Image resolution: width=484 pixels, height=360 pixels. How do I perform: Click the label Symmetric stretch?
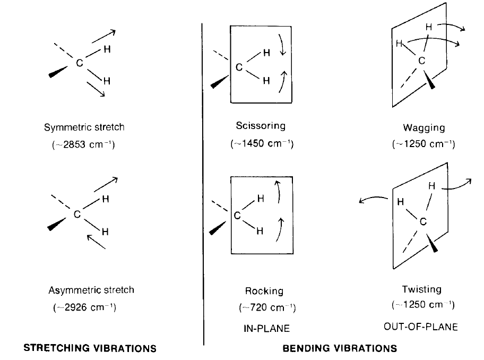point(85,128)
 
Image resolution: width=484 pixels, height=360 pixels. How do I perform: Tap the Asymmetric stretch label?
point(91,290)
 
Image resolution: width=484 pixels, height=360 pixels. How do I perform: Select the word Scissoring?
point(261,126)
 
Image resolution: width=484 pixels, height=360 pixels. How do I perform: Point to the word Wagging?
point(423,128)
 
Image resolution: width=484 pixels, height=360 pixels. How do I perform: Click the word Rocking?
point(264,291)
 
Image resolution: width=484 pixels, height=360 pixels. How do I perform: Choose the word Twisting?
point(422,289)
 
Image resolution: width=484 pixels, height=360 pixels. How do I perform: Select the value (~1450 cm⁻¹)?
point(262,144)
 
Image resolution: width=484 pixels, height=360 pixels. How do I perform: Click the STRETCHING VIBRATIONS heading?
point(91,349)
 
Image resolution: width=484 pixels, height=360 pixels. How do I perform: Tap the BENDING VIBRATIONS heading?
point(340,349)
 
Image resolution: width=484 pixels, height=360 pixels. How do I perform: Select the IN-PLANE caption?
point(263,329)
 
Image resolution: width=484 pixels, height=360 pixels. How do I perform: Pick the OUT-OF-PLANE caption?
point(420,327)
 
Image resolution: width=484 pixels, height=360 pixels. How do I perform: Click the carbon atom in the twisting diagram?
point(423,222)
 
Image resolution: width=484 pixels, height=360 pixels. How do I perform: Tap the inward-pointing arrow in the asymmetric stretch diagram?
point(96,242)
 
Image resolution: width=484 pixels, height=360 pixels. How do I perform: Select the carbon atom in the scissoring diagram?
point(239,67)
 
